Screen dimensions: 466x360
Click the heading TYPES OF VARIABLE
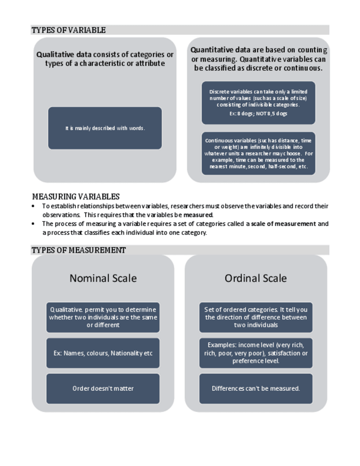point(69,30)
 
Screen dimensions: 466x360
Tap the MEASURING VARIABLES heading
point(75,196)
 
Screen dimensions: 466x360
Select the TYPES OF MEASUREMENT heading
point(79,250)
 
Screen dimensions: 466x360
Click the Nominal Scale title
point(103,278)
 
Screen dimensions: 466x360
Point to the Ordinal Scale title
point(256,278)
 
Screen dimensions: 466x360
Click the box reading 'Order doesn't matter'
point(103,389)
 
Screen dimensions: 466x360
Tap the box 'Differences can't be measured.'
point(256,389)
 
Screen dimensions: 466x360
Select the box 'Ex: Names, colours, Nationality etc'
point(103,353)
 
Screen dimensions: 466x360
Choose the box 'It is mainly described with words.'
point(105,128)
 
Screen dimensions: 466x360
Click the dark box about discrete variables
point(258,102)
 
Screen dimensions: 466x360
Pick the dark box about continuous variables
point(258,153)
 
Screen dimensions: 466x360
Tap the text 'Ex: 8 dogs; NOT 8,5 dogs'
point(258,114)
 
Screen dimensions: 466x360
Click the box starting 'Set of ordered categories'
point(256,317)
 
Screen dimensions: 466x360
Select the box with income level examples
point(256,353)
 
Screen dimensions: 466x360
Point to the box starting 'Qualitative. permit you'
point(103,317)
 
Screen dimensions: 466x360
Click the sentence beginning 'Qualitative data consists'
point(105,59)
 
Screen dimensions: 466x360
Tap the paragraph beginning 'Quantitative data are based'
point(258,59)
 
